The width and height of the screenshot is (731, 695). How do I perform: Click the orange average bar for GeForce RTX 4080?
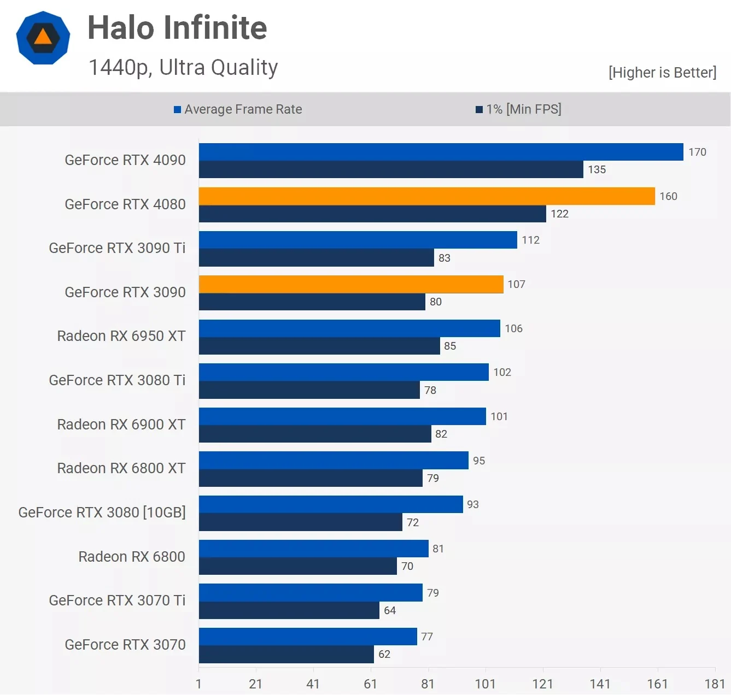point(426,196)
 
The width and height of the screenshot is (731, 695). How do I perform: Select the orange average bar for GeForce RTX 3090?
point(351,284)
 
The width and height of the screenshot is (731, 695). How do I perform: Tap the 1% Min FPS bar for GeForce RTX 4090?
point(391,169)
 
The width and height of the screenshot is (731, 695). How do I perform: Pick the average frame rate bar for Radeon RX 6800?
point(313,549)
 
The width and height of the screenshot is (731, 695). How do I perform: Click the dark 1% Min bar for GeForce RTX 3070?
point(286,654)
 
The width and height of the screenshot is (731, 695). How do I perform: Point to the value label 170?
point(697,152)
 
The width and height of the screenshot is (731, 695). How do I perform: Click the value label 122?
point(559,214)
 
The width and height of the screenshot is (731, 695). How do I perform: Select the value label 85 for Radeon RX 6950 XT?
point(450,346)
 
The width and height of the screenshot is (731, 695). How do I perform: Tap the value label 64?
point(390,610)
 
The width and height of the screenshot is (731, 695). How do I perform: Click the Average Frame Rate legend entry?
point(238,109)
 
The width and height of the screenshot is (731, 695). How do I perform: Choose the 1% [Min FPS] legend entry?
point(518,109)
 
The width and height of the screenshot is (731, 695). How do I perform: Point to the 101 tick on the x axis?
point(485,684)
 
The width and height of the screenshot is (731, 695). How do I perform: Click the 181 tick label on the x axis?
point(715,684)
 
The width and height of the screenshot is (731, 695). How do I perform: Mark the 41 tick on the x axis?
point(313,684)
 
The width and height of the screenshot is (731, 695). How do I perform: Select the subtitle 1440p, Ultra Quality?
point(183,67)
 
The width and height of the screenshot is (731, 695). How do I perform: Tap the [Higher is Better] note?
point(662,72)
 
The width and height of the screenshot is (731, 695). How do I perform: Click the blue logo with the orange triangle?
point(43,38)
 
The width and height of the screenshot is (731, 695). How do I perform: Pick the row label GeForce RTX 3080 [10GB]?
point(102,513)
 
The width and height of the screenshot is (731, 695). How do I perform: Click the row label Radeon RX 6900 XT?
point(121,425)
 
